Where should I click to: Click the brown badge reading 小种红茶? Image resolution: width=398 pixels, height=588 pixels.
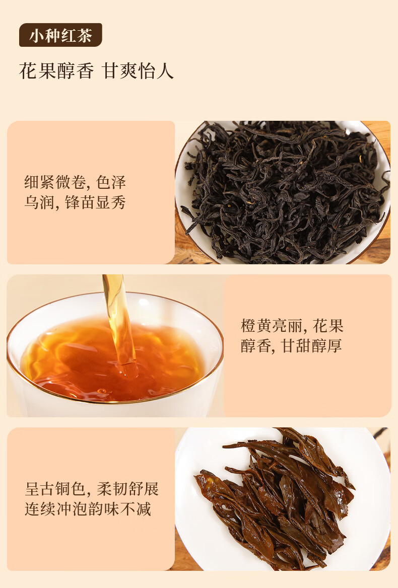point(60,35)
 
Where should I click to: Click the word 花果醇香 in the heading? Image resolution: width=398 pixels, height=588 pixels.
point(56,71)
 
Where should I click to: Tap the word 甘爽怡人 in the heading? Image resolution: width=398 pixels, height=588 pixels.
point(138,71)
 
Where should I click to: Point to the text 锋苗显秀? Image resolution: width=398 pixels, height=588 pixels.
point(95,202)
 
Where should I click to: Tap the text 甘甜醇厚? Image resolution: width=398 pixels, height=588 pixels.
point(312,346)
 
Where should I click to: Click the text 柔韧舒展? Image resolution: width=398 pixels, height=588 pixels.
point(128,489)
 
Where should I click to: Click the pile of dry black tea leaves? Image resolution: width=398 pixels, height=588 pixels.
point(285,191)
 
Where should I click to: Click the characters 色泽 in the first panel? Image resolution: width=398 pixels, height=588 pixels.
point(111,182)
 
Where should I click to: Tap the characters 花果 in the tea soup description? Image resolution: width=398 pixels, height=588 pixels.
point(328,326)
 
